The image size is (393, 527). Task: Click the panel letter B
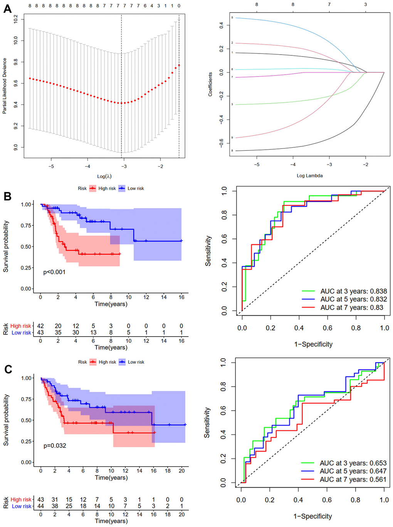point(7,196)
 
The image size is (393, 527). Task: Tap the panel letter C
point(8,369)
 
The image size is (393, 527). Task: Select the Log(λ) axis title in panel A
point(104,176)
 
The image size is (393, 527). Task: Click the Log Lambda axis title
point(310,175)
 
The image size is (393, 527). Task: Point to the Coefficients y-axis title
point(210,84)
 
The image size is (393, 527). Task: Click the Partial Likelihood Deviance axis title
point(5,86)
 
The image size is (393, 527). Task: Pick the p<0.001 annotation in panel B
point(54,272)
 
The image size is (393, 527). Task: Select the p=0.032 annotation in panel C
point(55,445)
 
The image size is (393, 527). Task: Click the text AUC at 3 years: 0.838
point(353,291)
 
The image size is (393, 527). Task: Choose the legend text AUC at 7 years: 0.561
point(353,479)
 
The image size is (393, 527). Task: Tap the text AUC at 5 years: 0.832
point(353,299)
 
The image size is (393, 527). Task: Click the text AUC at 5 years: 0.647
point(353,471)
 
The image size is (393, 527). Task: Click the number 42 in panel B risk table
point(40,326)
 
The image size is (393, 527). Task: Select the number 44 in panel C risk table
point(41,506)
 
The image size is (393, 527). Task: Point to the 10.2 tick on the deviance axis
point(16,19)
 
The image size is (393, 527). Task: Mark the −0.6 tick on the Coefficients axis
point(221,143)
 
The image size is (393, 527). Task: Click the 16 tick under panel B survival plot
point(181,297)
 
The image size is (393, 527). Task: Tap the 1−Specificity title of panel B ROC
point(313,344)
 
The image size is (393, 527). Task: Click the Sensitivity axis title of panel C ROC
point(207,422)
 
